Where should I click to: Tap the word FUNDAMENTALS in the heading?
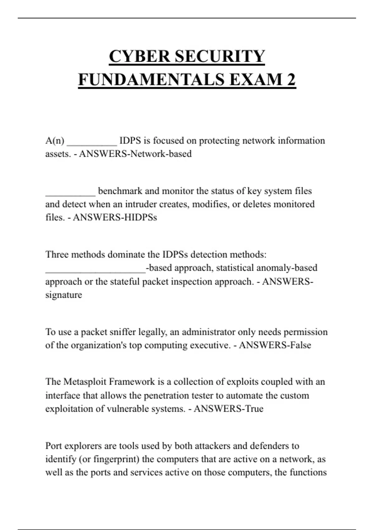point(151,79)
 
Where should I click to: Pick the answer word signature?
point(64,295)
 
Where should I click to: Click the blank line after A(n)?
point(92,142)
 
